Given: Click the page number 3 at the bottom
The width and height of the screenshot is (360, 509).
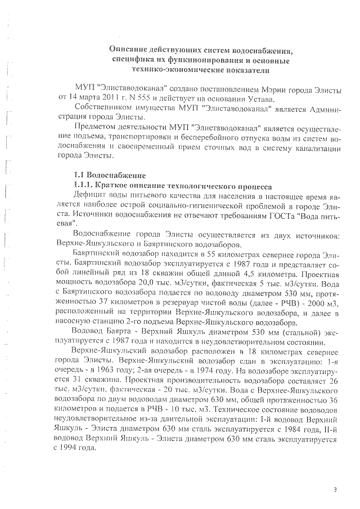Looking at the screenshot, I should click(335, 490).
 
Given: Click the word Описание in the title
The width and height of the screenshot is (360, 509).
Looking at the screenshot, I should click(129, 51).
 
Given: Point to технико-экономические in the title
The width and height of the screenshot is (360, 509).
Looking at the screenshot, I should click(178, 70).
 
